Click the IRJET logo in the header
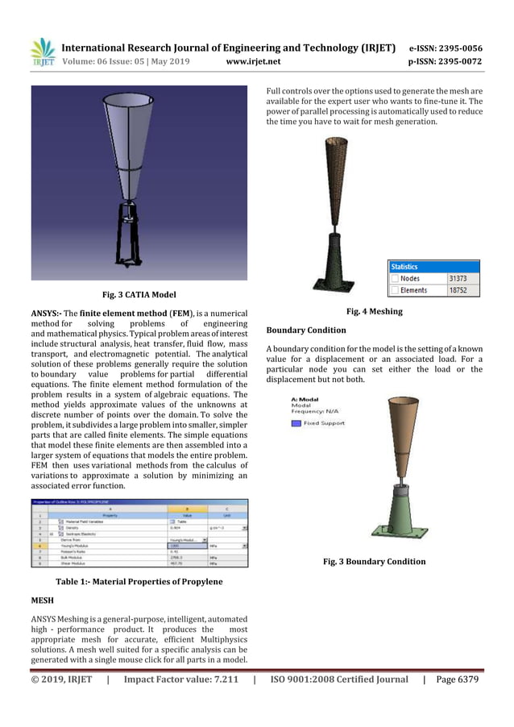point(41,52)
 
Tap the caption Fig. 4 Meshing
point(374,311)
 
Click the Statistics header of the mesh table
point(404,266)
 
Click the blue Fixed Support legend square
point(296,422)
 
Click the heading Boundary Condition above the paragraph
point(306,330)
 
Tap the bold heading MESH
point(43,600)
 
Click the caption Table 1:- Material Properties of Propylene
point(139,580)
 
